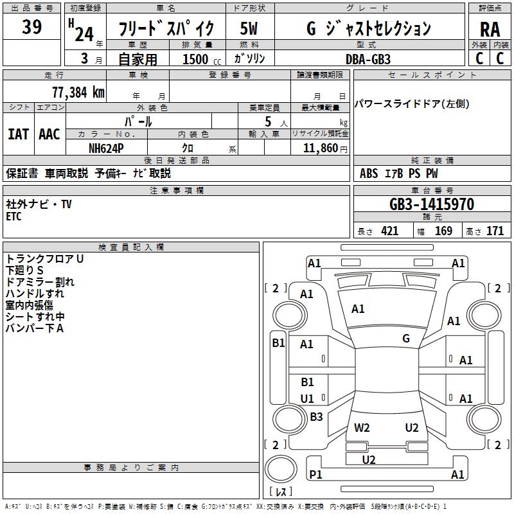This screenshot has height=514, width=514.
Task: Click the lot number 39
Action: coord(31,27)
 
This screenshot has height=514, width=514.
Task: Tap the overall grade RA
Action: coord(490,30)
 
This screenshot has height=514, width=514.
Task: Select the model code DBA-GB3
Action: coord(368,59)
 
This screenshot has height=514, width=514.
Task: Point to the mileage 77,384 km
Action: coord(78,93)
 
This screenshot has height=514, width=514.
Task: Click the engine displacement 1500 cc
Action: coord(202,59)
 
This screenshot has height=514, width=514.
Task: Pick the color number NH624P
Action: coord(106,148)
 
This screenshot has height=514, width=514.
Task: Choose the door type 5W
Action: coord(249,28)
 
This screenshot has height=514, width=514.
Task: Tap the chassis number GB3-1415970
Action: coord(432,204)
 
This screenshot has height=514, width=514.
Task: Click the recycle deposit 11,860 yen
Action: coord(325,148)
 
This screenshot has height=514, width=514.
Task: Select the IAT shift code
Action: coord(18,134)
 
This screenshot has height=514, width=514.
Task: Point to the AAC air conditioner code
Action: coord(49,134)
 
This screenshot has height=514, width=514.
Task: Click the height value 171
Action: coord(495,231)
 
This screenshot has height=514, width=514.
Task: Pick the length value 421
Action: coord(390,231)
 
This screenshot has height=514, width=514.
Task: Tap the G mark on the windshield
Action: coord(406,339)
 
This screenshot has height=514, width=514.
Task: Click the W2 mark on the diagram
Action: coord(362,427)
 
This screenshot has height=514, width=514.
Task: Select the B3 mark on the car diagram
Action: coord(316,416)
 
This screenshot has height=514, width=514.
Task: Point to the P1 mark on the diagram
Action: coord(315,474)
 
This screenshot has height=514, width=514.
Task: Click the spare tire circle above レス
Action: coord(281,468)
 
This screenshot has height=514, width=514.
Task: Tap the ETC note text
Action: coord(13,217)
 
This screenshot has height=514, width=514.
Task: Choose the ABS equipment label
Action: coord(369,173)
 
